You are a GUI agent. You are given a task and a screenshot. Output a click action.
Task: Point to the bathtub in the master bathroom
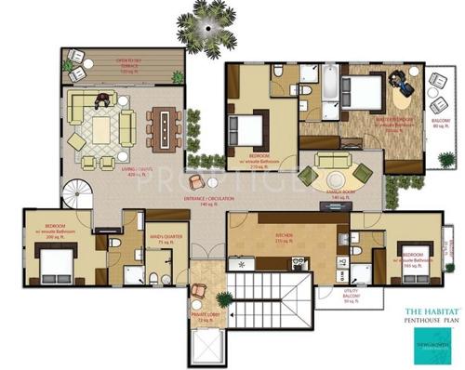coord(330,83)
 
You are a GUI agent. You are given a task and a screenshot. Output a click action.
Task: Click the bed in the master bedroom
coord(359,93)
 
